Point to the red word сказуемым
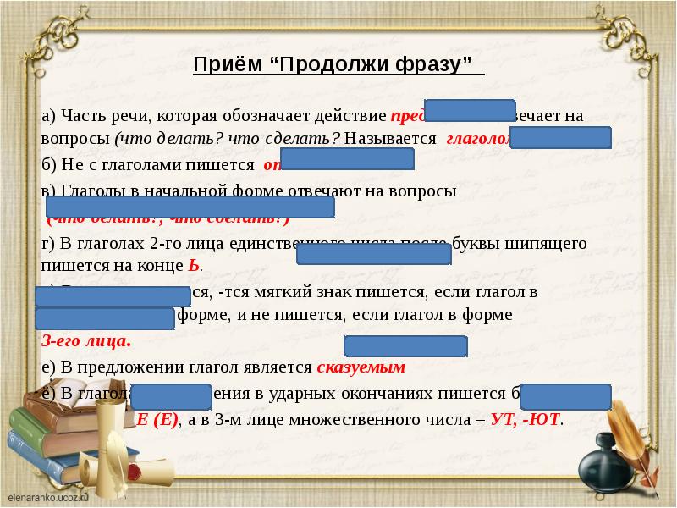(361, 367)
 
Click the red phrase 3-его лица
(86, 342)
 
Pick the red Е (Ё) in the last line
(157, 420)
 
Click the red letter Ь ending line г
(193, 265)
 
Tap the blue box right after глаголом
(561, 138)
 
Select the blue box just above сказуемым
(406, 346)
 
